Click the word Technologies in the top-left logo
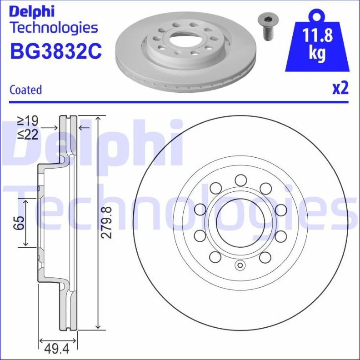[54, 28]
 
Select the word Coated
[25, 90]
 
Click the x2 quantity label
[340, 88]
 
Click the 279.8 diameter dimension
[105, 222]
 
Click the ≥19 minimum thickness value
[28, 120]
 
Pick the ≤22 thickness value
[28, 134]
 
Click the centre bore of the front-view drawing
[240, 223]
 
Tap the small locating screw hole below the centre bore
[240, 266]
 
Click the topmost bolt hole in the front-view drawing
[240, 180]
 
